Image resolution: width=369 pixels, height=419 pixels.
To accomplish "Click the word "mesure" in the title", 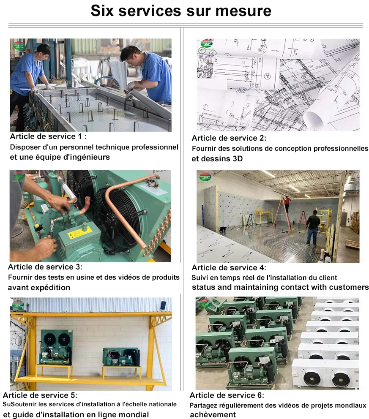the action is (243, 11).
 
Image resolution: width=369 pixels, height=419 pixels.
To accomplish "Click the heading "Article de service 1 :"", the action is (49, 136).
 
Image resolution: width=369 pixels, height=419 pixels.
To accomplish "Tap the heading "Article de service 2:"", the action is (229, 138).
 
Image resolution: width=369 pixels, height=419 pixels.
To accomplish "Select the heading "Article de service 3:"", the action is (45, 267).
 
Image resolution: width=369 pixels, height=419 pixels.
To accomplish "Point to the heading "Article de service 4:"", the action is (229, 267).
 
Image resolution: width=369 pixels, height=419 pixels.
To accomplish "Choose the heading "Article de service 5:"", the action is (40, 395).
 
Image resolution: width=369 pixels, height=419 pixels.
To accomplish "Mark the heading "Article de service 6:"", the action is (227, 395).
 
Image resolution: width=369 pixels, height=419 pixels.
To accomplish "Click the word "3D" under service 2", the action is (238, 159).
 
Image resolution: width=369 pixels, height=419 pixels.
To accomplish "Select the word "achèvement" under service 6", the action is (213, 415).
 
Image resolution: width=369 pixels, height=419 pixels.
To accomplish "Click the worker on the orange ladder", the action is (287, 203).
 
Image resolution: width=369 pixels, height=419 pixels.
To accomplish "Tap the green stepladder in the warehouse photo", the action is (251, 220).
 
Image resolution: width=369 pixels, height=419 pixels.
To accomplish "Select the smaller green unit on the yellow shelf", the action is (121, 357).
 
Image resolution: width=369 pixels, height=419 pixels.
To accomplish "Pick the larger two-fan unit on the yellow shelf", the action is (56, 347).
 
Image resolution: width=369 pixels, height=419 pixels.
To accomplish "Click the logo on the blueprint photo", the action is (206, 45).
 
